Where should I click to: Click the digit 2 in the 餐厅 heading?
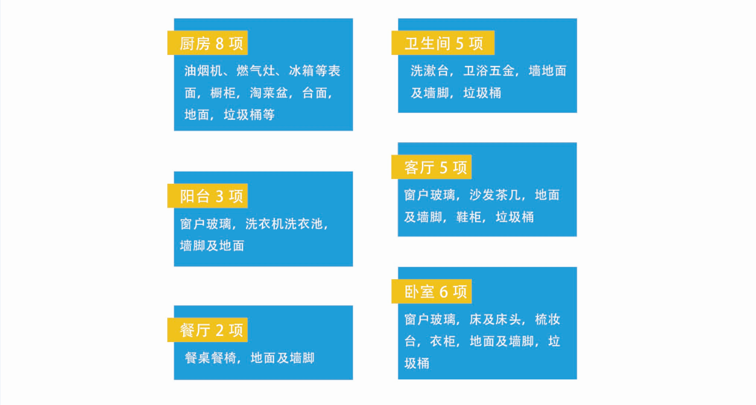[219, 330]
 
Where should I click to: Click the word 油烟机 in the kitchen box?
[203, 71]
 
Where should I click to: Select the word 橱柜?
[223, 93]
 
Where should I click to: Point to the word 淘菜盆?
[269, 93]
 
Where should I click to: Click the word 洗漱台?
[429, 71]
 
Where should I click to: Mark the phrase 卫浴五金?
[489, 71]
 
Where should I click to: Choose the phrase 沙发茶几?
[495, 195]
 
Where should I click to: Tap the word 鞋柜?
[469, 217]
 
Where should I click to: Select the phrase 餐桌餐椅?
[210, 358]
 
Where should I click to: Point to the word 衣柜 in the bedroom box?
[443, 341]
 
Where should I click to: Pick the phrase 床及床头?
[495, 319]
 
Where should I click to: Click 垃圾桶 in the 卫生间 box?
[482, 93]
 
